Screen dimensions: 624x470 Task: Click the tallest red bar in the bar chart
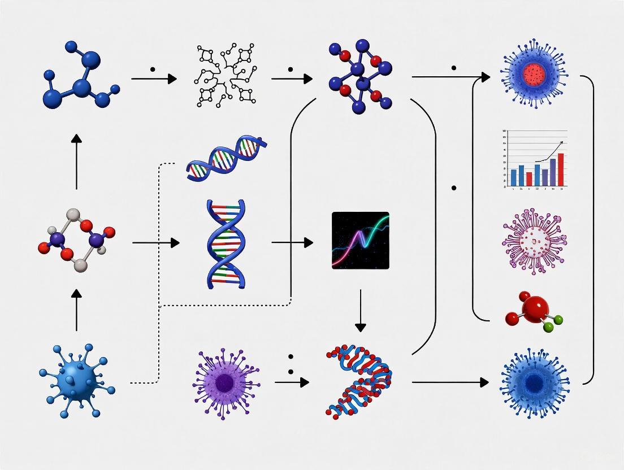(561, 169)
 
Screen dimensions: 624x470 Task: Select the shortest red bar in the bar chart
(529, 179)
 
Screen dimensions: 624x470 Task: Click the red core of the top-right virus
(534, 73)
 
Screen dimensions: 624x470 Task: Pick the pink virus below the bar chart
(534, 240)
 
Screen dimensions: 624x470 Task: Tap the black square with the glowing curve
(361, 240)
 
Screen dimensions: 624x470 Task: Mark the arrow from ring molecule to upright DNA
(155, 243)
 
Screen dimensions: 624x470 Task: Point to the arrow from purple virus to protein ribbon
(292, 382)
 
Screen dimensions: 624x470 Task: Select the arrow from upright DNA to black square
(292, 243)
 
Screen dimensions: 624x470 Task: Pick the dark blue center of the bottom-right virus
(534, 382)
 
